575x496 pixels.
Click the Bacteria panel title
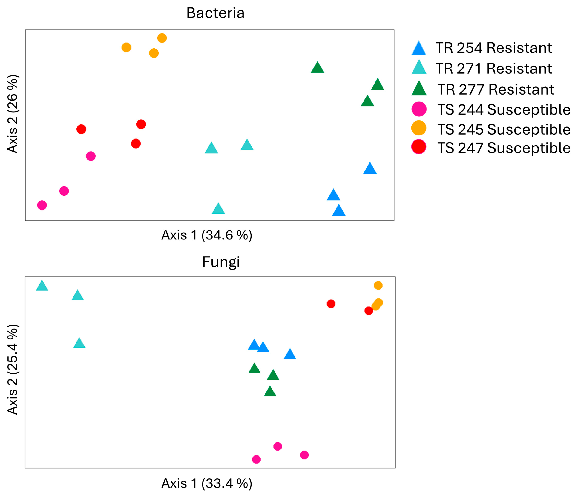(x=215, y=13)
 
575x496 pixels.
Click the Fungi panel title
(x=221, y=262)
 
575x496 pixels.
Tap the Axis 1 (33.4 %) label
(x=207, y=483)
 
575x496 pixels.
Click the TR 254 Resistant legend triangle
(x=419, y=49)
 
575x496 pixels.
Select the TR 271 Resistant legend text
(x=494, y=69)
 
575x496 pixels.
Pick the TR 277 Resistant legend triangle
(x=419, y=89)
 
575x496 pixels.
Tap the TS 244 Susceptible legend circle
(x=419, y=109)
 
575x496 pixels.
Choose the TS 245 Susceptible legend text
(x=504, y=129)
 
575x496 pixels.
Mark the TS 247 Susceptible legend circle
(x=419, y=147)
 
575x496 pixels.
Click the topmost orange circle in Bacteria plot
(x=162, y=38)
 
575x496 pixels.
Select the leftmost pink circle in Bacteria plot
(x=42, y=205)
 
